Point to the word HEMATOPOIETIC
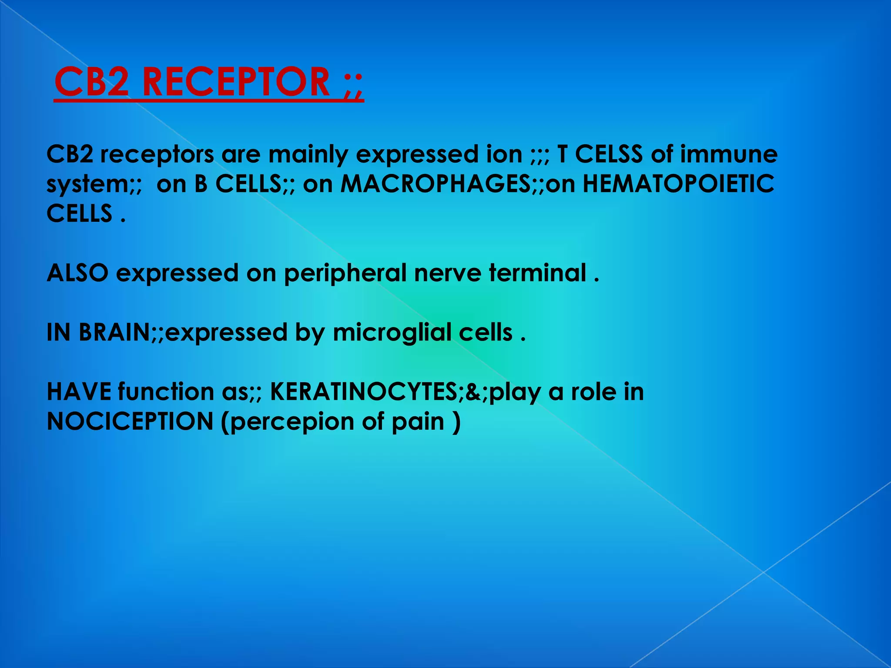point(678,184)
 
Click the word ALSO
point(77,273)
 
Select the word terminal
point(537,273)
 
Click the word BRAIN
point(114,333)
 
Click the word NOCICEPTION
point(130,421)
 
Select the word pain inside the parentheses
point(418,422)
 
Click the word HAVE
point(79,392)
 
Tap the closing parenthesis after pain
point(456,422)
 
